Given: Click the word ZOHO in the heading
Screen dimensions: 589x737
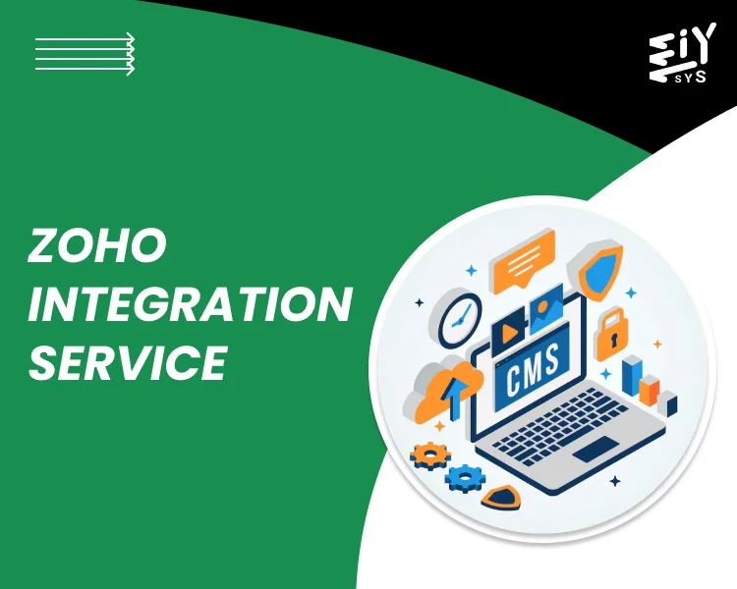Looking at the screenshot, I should point(96,246).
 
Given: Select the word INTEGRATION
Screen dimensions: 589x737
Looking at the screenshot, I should point(190,304).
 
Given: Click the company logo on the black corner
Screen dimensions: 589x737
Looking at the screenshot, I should point(678,57).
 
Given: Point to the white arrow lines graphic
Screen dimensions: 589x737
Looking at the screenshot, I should point(85,54).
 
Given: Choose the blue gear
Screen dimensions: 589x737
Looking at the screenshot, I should point(465,479).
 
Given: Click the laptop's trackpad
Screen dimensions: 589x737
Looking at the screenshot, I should point(595,450).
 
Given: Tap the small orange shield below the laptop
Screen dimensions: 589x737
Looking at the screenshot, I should point(502,497).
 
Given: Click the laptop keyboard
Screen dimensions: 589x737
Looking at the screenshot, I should point(565,422).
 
